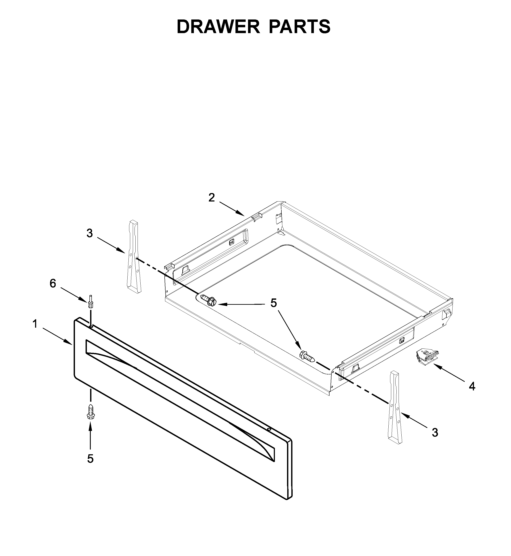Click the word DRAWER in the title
pos(218,27)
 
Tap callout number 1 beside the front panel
pos(35,324)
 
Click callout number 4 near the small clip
pos(472,386)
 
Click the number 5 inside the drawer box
pos(273,303)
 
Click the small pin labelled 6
pos(90,302)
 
